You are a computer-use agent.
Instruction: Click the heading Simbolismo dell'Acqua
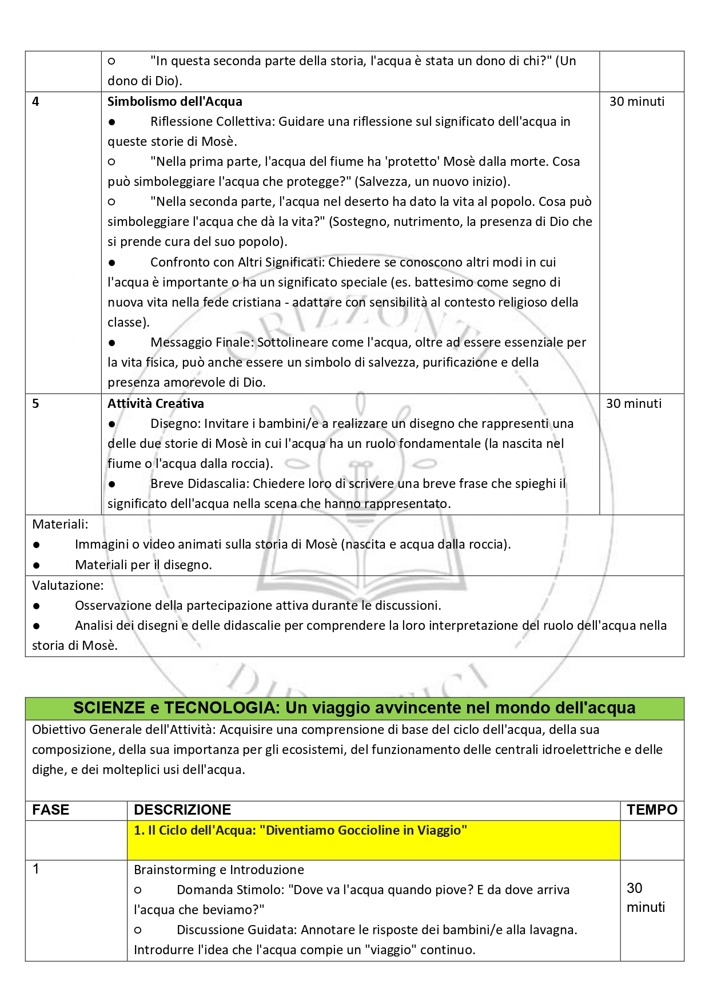(174, 101)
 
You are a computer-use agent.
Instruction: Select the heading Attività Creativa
(156, 403)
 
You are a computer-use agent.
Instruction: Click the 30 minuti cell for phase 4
(637, 102)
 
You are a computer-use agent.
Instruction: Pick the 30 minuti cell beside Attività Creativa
(634, 404)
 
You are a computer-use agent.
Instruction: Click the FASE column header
(51, 809)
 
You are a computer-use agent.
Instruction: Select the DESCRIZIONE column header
(182, 809)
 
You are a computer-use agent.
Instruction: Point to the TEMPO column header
(652, 809)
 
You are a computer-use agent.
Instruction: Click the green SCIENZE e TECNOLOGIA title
(354, 708)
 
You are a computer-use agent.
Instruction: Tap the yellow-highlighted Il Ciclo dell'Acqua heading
(300, 831)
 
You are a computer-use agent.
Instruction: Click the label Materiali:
(60, 524)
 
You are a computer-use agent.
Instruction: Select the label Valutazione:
(67, 585)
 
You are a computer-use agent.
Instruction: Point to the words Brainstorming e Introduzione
(218, 870)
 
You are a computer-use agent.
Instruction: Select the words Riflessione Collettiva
(212, 121)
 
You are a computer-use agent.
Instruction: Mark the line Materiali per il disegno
(143, 565)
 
